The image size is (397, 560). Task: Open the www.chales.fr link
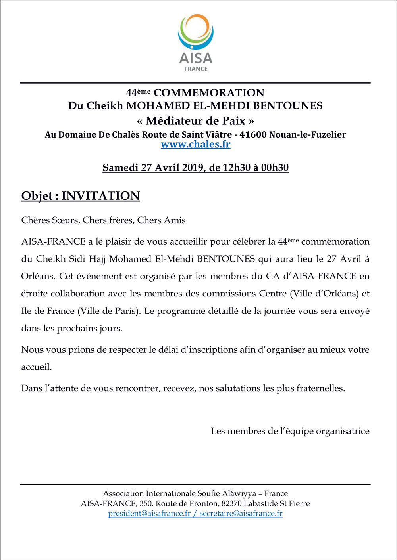click(x=195, y=144)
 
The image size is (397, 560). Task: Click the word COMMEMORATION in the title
click(x=209, y=93)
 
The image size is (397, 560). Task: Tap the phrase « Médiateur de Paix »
click(x=195, y=120)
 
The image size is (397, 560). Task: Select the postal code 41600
click(x=253, y=134)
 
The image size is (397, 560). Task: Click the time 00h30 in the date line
click(x=275, y=168)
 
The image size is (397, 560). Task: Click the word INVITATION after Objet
click(x=101, y=196)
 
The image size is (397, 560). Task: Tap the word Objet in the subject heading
click(x=37, y=196)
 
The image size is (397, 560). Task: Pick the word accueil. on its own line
click(x=37, y=367)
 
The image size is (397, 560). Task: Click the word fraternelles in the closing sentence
click(x=320, y=388)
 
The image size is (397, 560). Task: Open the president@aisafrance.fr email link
click(x=149, y=514)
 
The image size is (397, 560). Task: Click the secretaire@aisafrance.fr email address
click(x=241, y=514)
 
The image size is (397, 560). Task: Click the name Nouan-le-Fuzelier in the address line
click(x=307, y=134)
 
